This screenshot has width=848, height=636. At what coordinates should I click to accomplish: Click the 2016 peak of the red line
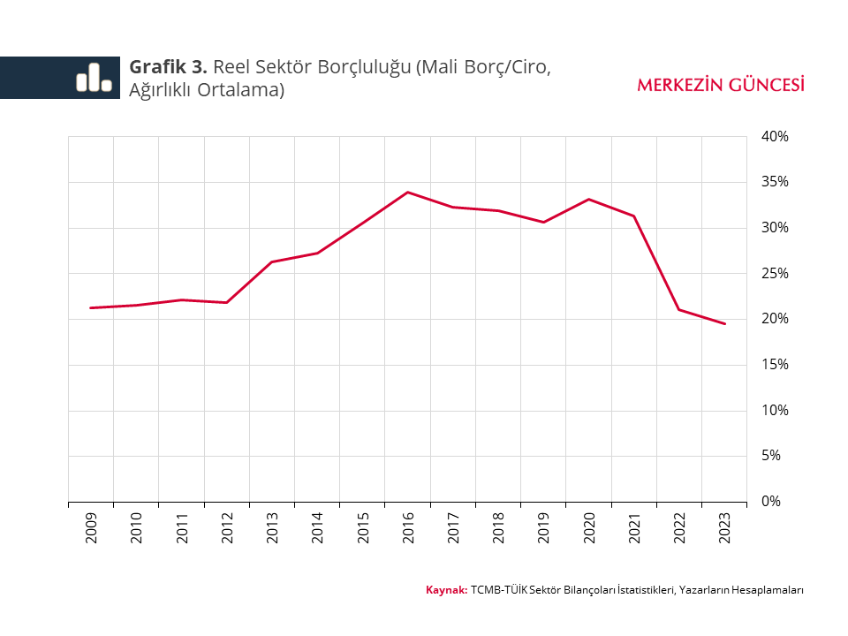407,192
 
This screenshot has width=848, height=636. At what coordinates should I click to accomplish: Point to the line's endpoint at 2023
724,324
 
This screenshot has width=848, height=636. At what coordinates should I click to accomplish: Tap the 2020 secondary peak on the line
588,199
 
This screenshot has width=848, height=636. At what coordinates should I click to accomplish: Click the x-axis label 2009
91,527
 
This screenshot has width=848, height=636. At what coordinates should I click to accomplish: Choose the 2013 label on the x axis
272,527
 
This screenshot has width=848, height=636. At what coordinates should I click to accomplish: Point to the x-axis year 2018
498,527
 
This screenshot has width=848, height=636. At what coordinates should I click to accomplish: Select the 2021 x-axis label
634,527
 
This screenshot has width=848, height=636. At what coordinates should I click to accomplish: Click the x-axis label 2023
724,527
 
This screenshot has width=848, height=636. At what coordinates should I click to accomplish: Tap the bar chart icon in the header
94,78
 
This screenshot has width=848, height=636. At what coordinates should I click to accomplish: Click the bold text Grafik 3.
169,67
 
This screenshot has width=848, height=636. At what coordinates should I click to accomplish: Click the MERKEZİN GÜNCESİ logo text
720,85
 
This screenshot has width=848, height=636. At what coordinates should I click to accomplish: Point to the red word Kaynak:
446,590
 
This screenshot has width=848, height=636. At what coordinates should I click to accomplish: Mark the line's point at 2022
678,309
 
